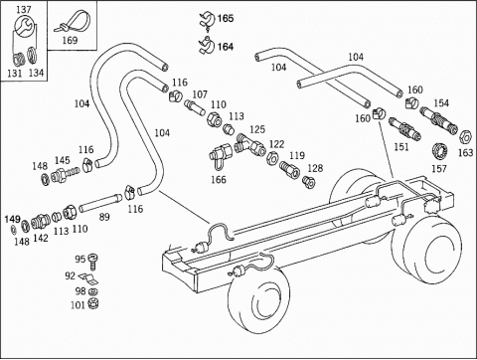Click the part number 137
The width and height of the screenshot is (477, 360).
click(24, 9)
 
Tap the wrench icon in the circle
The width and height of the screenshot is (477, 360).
click(24, 26)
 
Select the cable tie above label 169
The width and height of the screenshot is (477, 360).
click(72, 22)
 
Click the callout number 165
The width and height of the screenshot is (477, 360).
click(226, 18)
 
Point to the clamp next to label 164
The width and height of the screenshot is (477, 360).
click(206, 46)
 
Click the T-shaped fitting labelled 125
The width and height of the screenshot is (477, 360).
click(249, 145)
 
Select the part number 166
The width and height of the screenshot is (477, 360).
click(219, 180)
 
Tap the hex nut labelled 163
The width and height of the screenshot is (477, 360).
click(465, 136)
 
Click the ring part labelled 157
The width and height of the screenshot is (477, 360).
click(440, 151)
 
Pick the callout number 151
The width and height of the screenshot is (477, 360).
click(401, 146)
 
